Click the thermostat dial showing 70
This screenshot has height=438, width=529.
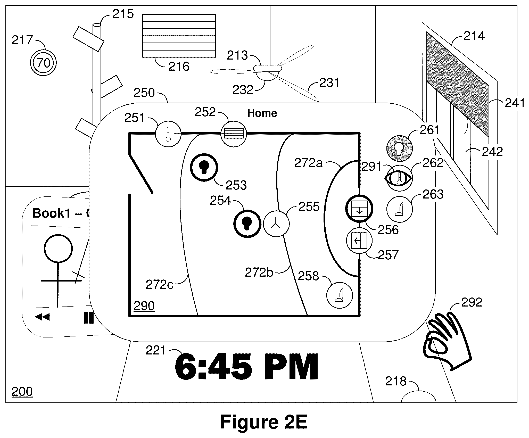[x=43, y=63]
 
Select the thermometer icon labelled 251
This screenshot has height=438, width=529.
[x=168, y=134]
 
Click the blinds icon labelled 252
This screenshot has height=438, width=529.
[x=234, y=134]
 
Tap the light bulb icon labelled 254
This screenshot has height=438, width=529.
[x=247, y=224]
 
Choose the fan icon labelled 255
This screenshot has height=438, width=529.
[x=276, y=224]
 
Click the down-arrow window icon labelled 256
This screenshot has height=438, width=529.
[x=359, y=208]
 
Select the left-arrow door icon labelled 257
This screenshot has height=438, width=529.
[x=359, y=241]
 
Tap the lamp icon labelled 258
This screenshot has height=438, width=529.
[x=340, y=295]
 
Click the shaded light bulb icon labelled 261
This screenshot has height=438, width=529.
[x=400, y=148]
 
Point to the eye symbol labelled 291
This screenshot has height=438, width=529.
[x=398, y=178]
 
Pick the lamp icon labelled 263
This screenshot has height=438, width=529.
[x=400, y=210]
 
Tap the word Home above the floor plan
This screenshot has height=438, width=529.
[x=262, y=113]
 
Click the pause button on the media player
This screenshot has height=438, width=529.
[x=88, y=318]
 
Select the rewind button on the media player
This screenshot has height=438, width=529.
[x=42, y=317]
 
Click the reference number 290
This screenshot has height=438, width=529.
[x=144, y=306]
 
